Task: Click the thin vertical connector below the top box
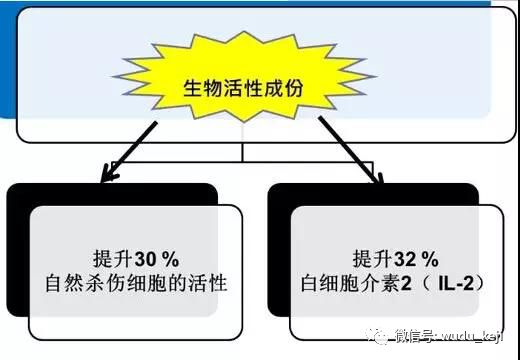pos(243,151)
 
